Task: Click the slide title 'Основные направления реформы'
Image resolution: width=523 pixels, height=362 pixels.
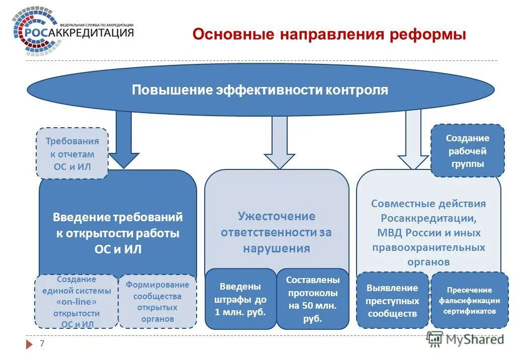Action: pyautogui.click(x=329, y=35)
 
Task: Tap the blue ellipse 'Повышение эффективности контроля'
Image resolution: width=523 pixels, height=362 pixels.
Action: pyautogui.click(x=260, y=90)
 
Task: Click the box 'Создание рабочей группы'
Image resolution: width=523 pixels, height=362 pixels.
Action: pyautogui.click(x=467, y=151)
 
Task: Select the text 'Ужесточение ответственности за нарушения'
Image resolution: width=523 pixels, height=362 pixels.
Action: pyautogui.click(x=277, y=232)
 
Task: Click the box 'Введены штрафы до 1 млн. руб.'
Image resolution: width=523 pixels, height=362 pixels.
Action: pyautogui.click(x=240, y=299)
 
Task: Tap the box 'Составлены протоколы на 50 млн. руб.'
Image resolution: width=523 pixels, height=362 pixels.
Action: pyautogui.click(x=312, y=299)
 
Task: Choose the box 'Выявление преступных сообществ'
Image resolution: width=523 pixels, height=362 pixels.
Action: pyautogui.click(x=392, y=301)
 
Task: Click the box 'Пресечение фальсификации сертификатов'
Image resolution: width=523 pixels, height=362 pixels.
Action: pyautogui.click(x=469, y=301)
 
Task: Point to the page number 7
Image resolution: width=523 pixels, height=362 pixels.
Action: pyautogui.click(x=42, y=344)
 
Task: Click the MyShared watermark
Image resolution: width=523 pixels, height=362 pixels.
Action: pyautogui.click(x=465, y=339)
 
